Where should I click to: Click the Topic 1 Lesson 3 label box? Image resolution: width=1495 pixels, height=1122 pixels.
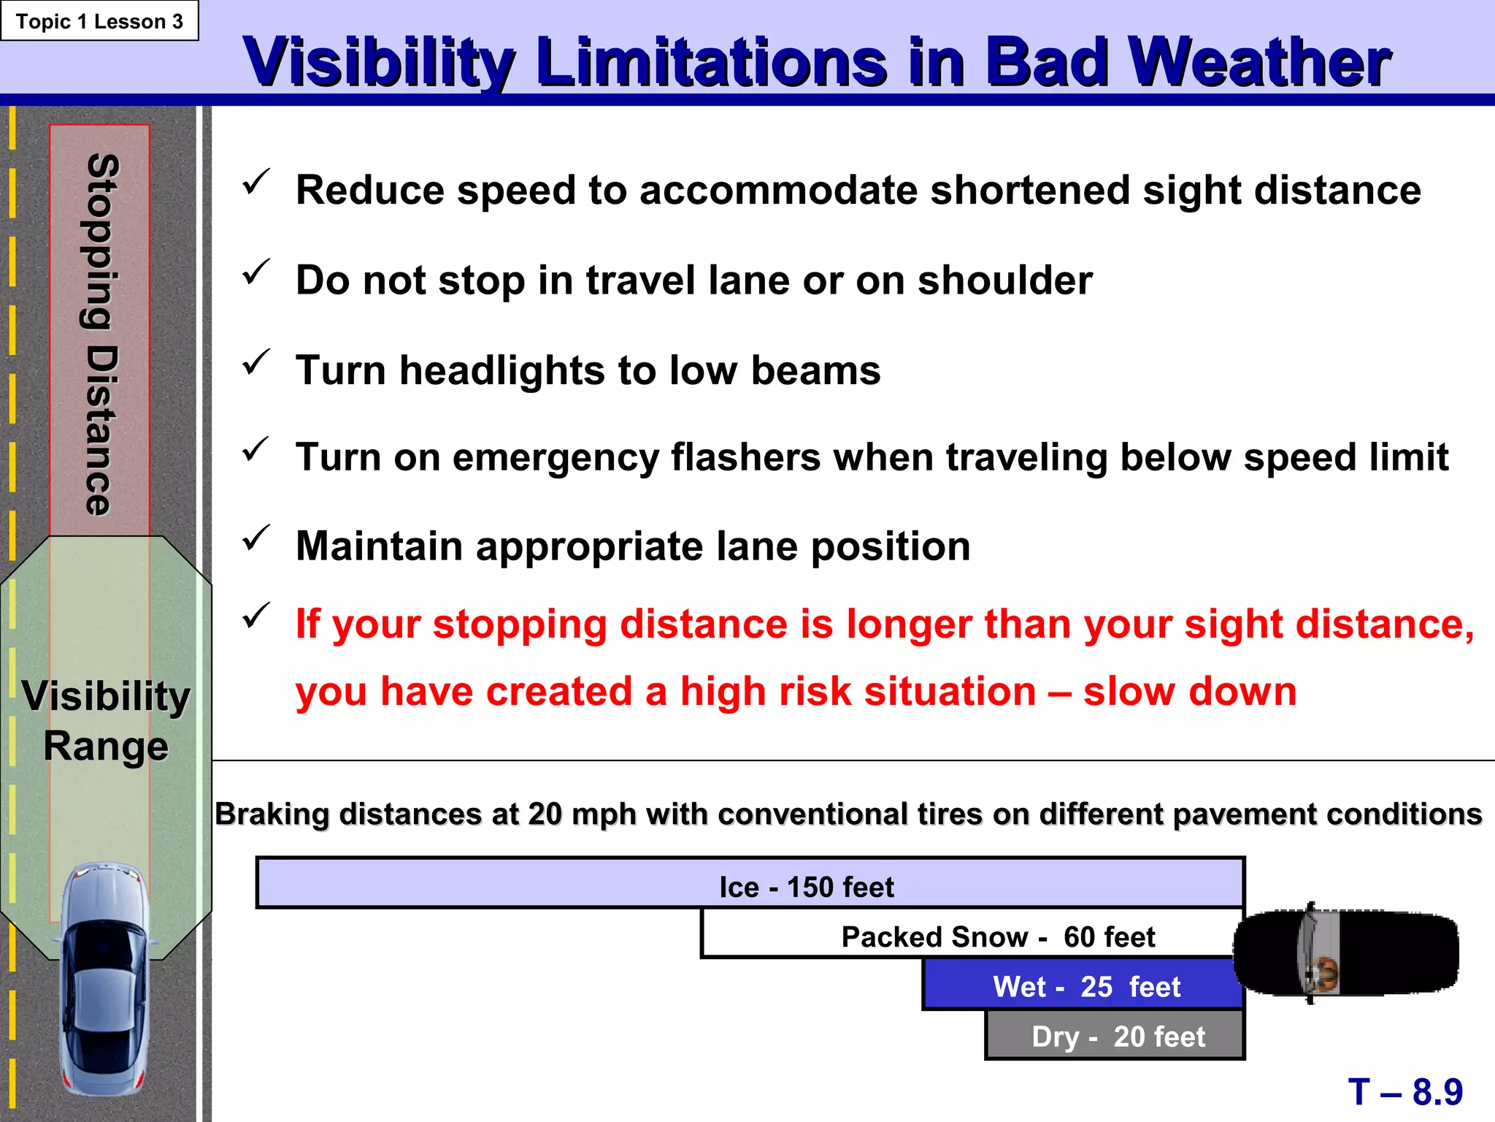(99, 21)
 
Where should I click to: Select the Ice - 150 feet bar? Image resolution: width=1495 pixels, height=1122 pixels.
(750, 883)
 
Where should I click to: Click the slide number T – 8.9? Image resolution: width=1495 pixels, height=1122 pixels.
(1404, 1091)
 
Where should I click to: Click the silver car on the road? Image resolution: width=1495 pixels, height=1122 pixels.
(106, 979)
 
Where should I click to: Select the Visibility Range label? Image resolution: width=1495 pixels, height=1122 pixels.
(106, 720)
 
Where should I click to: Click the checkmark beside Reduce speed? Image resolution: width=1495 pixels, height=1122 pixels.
(255, 183)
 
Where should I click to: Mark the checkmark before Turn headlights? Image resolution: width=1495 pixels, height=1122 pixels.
(255, 362)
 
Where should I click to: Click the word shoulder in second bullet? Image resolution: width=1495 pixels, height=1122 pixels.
(1004, 280)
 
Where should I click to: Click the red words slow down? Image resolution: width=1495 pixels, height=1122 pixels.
(1189, 691)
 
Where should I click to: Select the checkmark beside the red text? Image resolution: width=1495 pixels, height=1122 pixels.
(255, 616)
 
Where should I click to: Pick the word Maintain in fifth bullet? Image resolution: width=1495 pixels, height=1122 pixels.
(379, 546)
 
